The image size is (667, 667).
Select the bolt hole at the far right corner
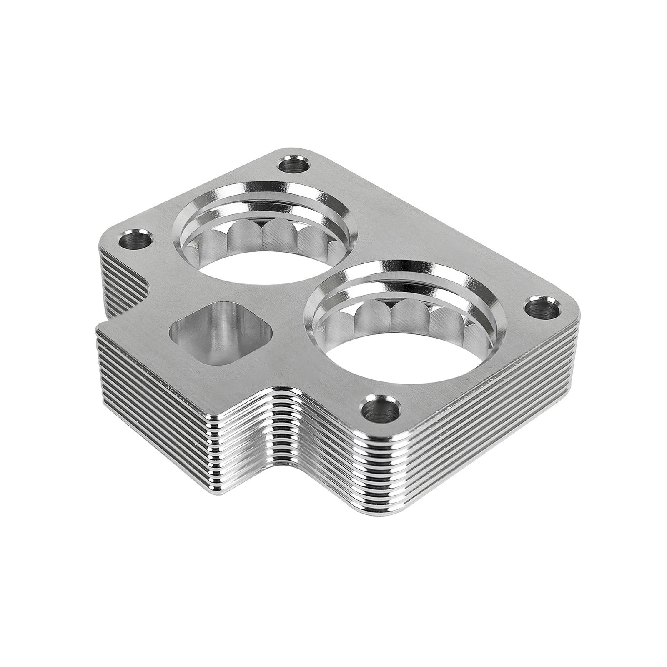(539, 309)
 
